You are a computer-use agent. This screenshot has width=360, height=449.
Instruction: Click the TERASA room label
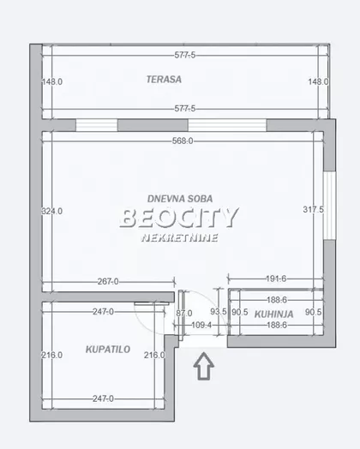pos(164,80)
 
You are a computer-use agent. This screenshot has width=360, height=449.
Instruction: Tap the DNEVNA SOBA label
pos(180,199)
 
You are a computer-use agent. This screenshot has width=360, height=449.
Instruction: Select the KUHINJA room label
pos(273,314)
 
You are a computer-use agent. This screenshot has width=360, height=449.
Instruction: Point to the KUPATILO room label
pos(108,350)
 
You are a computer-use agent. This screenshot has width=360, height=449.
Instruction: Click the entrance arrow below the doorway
pos(204,366)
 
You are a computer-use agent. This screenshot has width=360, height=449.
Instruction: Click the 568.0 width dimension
pos(183,141)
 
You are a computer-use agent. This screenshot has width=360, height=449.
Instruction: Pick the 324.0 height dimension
pos(51,212)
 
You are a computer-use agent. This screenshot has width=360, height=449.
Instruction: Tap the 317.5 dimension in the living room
pos(314,210)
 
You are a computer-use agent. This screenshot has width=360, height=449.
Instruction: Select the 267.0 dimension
pos(108,282)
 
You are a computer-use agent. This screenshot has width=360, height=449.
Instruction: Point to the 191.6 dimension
pos(276,278)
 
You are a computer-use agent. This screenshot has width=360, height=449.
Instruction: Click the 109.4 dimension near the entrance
pos(201,326)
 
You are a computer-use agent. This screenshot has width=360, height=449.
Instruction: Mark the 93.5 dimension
pos(219,312)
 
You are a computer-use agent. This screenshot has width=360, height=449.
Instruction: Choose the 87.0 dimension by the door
pos(184,314)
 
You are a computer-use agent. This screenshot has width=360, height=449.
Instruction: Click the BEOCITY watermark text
pos(179,218)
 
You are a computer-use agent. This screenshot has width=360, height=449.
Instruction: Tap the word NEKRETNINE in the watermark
pos(179,238)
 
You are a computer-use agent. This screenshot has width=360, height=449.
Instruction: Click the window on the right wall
pos(329,206)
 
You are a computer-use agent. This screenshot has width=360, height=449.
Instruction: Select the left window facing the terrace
pos(97,125)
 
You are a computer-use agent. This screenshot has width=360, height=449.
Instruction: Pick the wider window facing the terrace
pos(227,125)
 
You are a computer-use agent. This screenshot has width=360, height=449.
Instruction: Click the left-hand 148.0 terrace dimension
pos(52,82)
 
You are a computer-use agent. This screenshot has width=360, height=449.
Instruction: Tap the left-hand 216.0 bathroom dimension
pos(51,355)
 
